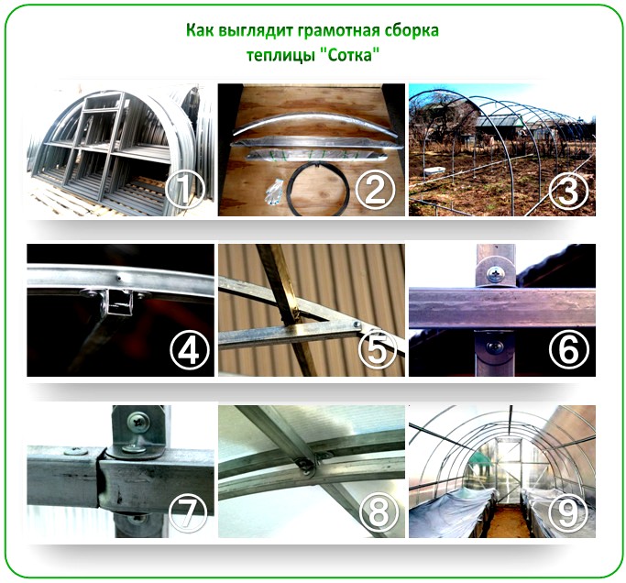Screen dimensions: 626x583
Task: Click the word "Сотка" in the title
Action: point(349,55)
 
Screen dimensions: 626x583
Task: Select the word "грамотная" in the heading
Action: point(342,30)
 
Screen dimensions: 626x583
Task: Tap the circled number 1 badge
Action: point(185,189)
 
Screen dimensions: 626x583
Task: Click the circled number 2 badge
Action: point(375,189)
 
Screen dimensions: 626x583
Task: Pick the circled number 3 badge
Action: point(568,189)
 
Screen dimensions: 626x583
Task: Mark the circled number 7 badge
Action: point(189,511)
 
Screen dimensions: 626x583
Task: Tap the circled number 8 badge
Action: point(379,511)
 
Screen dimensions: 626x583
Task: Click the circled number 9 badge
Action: point(568,511)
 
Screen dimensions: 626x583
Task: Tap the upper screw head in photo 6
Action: point(496,273)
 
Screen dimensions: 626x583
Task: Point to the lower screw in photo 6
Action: point(495,346)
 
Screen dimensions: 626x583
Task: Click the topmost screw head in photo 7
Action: point(138,422)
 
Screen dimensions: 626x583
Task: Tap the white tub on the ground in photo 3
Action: point(433,170)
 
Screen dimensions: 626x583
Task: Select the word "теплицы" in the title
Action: point(280,56)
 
